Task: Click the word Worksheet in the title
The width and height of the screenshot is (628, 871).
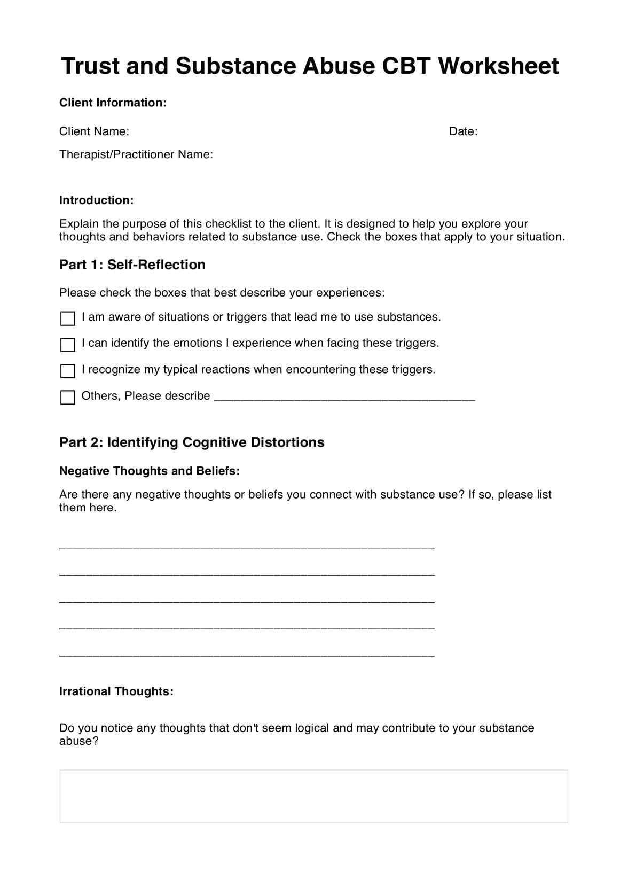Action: (x=498, y=66)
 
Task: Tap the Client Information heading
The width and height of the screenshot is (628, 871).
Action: (x=113, y=103)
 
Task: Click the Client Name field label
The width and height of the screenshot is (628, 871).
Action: (x=94, y=131)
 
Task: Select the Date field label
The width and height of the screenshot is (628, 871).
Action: (x=463, y=131)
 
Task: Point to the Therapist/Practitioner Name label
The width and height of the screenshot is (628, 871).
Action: (x=136, y=154)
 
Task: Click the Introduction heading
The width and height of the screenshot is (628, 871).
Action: (x=96, y=200)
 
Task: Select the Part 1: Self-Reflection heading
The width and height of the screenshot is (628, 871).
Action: (x=132, y=265)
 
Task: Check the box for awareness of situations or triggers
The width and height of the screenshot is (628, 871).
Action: (x=68, y=318)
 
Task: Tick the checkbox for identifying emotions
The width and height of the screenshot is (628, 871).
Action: (x=68, y=345)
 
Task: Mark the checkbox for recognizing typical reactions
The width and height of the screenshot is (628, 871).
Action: (x=68, y=371)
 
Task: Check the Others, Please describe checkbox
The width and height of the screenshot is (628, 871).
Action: (x=68, y=398)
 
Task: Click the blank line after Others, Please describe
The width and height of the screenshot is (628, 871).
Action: (x=344, y=398)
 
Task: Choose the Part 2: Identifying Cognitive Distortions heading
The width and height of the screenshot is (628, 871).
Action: (x=192, y=442)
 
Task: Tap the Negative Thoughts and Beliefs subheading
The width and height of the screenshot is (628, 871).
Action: (x=150, y=471)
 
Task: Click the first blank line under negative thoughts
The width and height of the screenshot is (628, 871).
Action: (x=247, y=547)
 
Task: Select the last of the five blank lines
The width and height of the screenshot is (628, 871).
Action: (x=247, y=654)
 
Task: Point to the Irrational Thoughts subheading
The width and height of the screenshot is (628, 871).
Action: (x=116, y=691)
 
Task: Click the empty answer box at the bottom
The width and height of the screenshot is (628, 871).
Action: (x=313, y=796)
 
